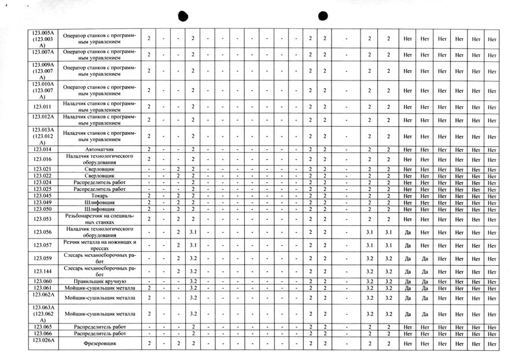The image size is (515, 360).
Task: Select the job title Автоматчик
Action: pyautogui.click(x=100, y=149)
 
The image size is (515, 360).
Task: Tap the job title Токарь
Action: pyautogui.click(x=100, y=196)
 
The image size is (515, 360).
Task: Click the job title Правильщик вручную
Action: pyautogui.click(x=100, y=281)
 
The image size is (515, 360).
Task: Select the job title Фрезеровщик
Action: pyautogui.click(x=100, y=344)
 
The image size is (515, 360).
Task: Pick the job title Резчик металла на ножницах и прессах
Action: pyautogui.click(x=100, y=245)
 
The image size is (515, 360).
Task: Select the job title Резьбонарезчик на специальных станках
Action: pyautogui.click(x=100, y=219)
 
